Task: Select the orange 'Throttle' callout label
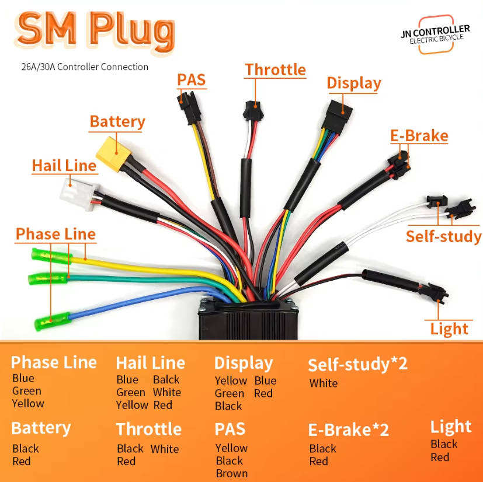coord(275,69)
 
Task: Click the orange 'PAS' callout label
coord(192,79)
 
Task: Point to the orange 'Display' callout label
coord(353,83)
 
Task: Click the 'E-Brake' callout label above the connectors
coord(419,136)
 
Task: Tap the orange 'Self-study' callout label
coord(443,236)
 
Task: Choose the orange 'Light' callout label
coord(449,328)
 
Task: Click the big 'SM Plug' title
coord(96,28)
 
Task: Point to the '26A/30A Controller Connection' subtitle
coord(85,67)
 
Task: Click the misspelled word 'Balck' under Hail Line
coord(166,379)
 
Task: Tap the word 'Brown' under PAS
coord(231,473)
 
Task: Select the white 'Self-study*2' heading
coord(357,364)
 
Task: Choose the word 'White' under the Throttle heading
coord(164,449)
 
